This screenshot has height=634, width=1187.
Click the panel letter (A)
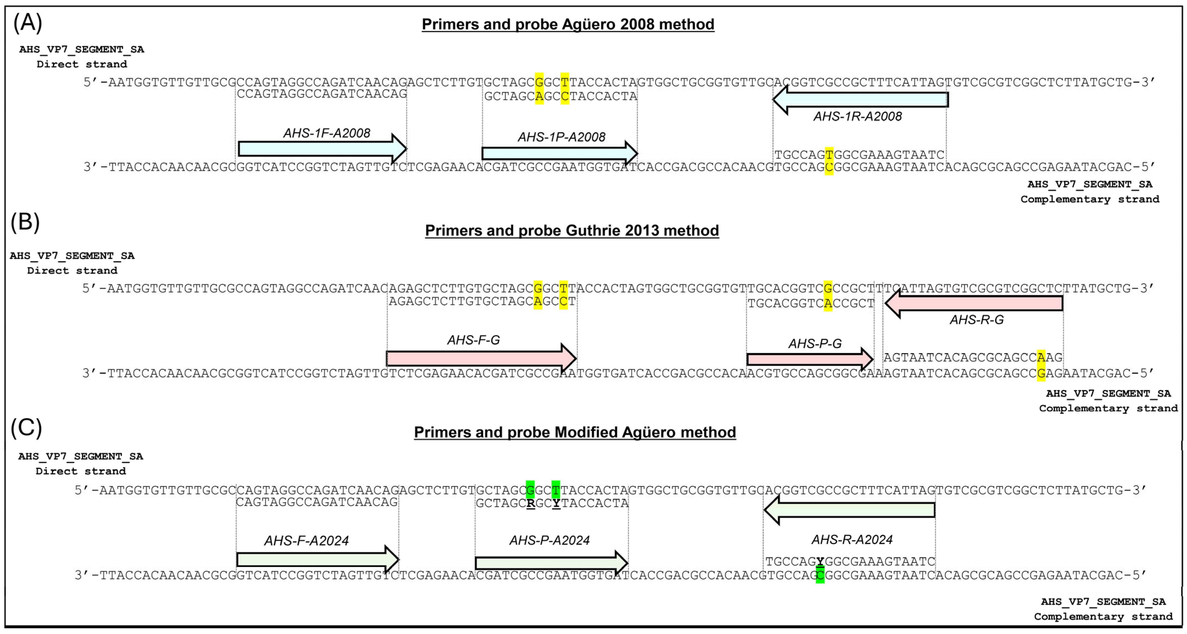coord(28,23)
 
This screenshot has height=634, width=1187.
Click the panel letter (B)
coord(25,222)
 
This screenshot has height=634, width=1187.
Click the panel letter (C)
coord(26,427)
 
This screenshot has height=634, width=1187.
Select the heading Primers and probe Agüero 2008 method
coord(568,24)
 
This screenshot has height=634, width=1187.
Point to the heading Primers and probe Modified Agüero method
coord(574,432)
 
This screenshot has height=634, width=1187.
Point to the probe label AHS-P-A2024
coord(549,540)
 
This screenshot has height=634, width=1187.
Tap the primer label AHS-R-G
coord(976,320)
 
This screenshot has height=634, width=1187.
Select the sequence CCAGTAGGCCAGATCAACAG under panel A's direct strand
coord(322,94)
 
